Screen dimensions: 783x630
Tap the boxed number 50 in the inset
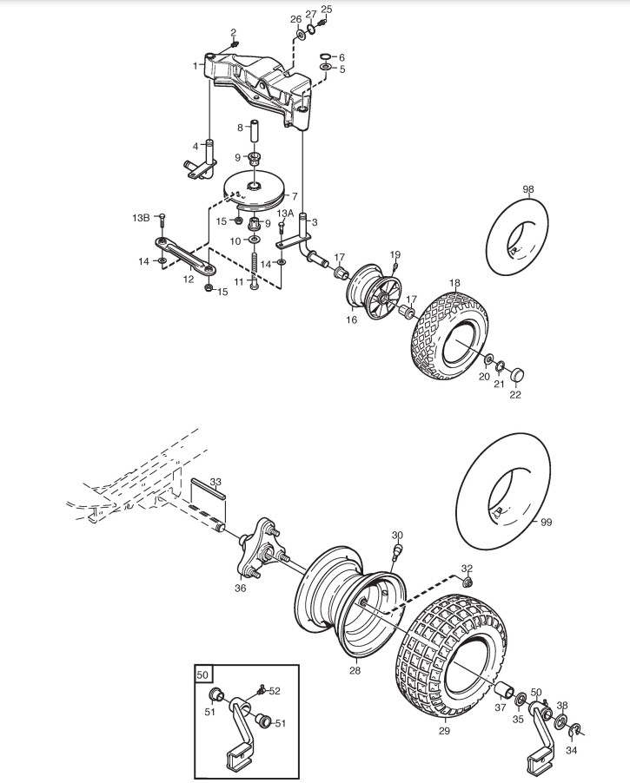tap(202, 674)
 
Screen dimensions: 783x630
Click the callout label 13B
tap(141, 216)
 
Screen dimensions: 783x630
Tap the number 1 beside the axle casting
tap(195, 65)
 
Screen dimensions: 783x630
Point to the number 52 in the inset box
tap(275, 690)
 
